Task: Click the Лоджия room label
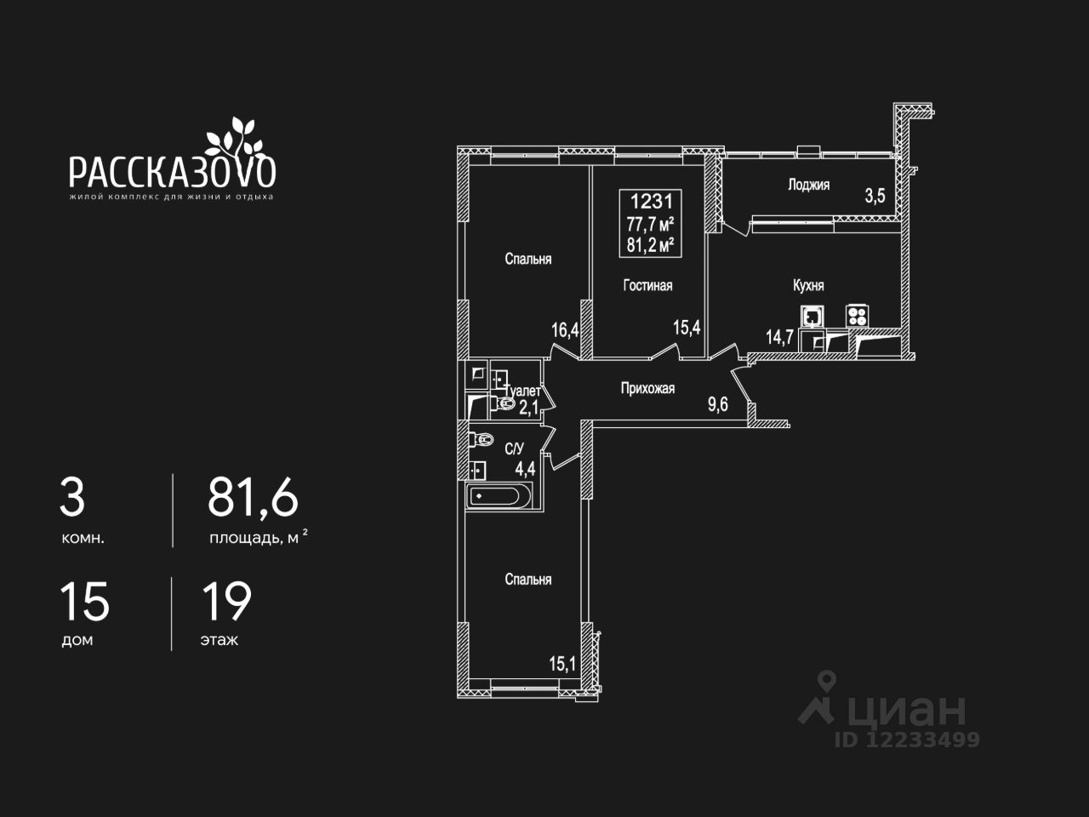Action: click(808, 185)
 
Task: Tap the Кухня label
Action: click(808, 285)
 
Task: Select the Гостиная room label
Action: click(647, 285)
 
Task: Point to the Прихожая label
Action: click(647, 388)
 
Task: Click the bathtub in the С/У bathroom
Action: click(499, 495)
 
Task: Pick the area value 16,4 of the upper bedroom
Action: click(565, 329)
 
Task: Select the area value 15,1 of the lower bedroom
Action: click(562, 663)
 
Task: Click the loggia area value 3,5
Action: click(875, 196)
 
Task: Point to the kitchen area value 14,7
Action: click(779, 336)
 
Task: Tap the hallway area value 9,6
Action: click(718, 404)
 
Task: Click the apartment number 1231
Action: click(651, 203)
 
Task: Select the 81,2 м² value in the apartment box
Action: click(651, 245)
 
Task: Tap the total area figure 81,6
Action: click(253, 498)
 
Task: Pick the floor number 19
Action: click(226, 602)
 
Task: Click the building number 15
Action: click(84, 602)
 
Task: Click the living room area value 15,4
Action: click(687, 327)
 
